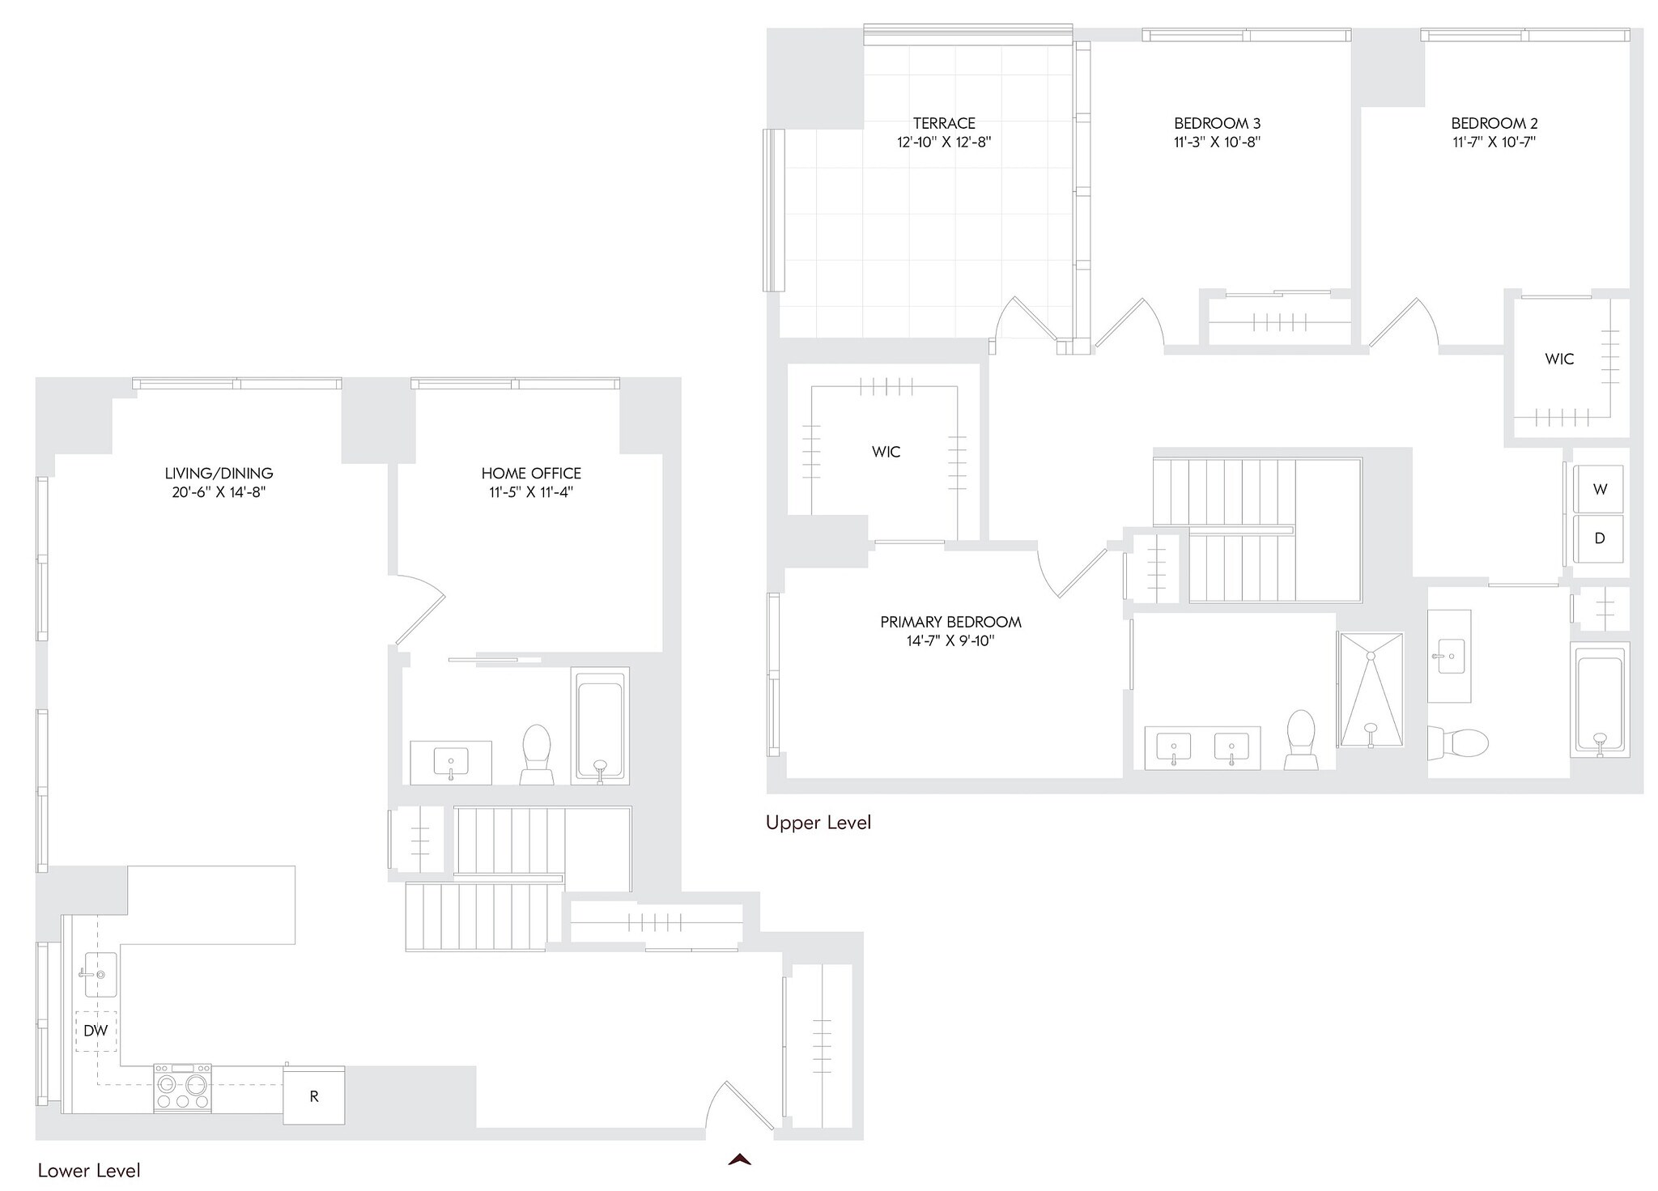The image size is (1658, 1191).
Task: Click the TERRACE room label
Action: point(944,124)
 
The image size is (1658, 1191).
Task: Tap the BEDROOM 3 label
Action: point(1217,124)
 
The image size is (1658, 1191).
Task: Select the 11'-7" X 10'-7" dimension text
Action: point(1494,142)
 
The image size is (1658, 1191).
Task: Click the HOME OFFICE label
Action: point(531,474)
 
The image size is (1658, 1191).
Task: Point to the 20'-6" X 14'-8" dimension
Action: point(219,492)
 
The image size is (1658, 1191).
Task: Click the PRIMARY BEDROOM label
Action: point(950,623)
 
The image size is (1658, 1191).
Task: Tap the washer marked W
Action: point(1599,489)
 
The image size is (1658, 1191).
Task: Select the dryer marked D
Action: point(1599,538)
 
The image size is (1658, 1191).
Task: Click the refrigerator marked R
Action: point(313,1096)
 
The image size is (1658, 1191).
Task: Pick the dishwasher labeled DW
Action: point(96,1031)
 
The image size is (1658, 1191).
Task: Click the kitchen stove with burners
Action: point(182,1087)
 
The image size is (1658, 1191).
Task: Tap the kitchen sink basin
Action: point(100,974)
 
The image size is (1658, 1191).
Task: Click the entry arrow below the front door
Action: point(739,1159)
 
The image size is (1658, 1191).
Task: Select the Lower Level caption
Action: point(89,1171)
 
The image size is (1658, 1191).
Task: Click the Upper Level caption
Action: point(818,823)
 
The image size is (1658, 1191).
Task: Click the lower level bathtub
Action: point(600,725)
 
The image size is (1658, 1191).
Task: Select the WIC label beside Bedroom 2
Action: point(1559,359)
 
